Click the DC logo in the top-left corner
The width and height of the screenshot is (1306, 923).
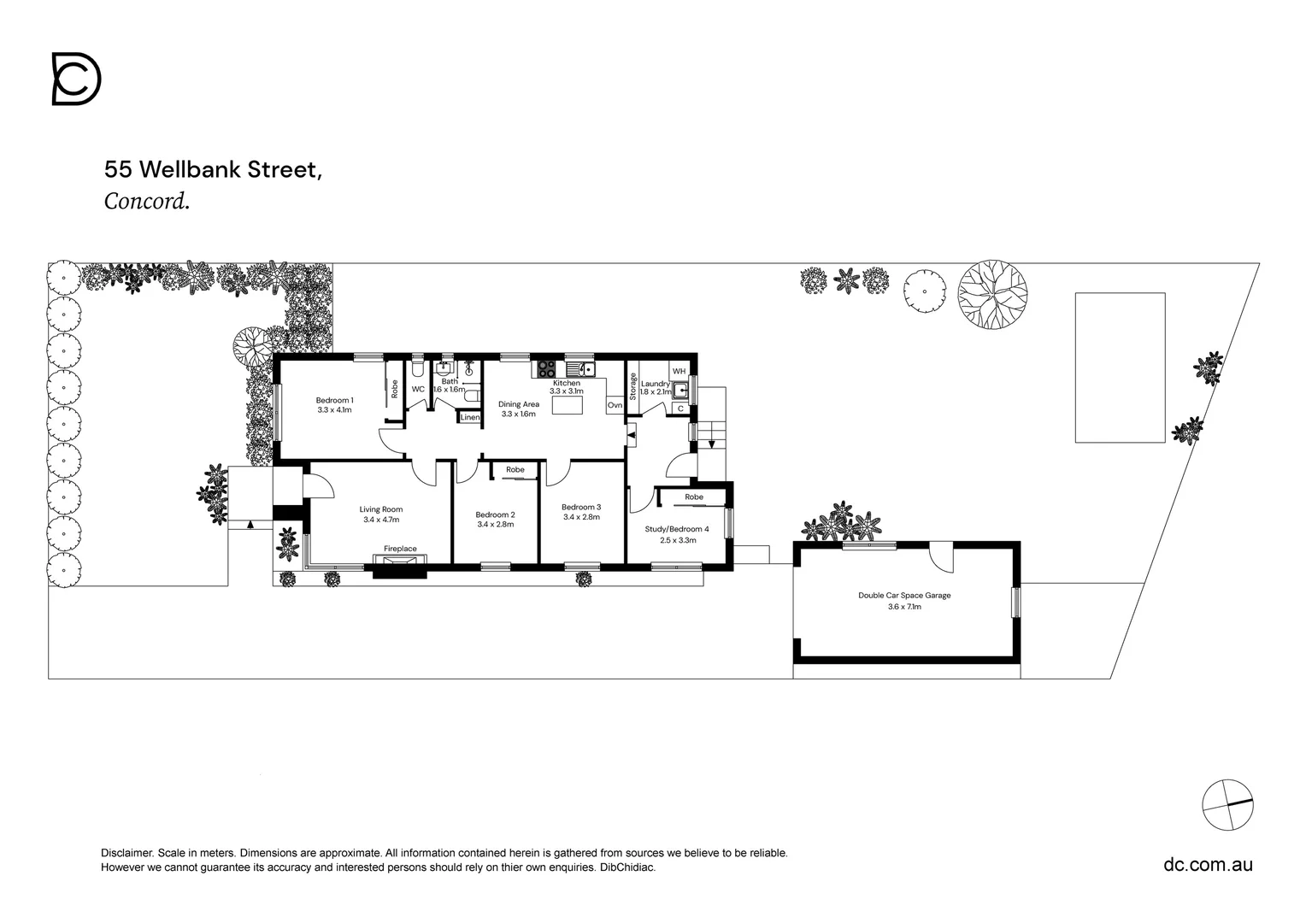click(77, 79)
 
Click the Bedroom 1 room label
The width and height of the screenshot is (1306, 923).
click(334, 401)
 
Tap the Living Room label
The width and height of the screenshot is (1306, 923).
click(381, 510)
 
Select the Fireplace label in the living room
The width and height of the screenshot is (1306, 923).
click(400, 549)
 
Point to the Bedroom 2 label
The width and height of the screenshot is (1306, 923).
click(495, 515)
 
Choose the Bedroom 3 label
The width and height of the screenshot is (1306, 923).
click(581, 508)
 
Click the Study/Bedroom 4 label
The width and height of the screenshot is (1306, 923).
click(677, 529)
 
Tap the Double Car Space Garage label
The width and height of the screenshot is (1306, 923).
click(904, 596)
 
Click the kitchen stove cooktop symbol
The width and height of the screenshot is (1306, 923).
click(546, 369)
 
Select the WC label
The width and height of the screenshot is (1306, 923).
click(418, 390)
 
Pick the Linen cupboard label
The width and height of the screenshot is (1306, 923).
click(470, 418)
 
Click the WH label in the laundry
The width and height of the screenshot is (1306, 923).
click(679, 371)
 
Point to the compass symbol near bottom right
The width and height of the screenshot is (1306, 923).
click(1227, 804)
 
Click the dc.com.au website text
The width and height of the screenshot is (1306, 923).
click(1208, 864)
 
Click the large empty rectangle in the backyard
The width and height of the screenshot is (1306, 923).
click(1120, 367)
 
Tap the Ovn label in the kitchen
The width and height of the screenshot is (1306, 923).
click(615, 405)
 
